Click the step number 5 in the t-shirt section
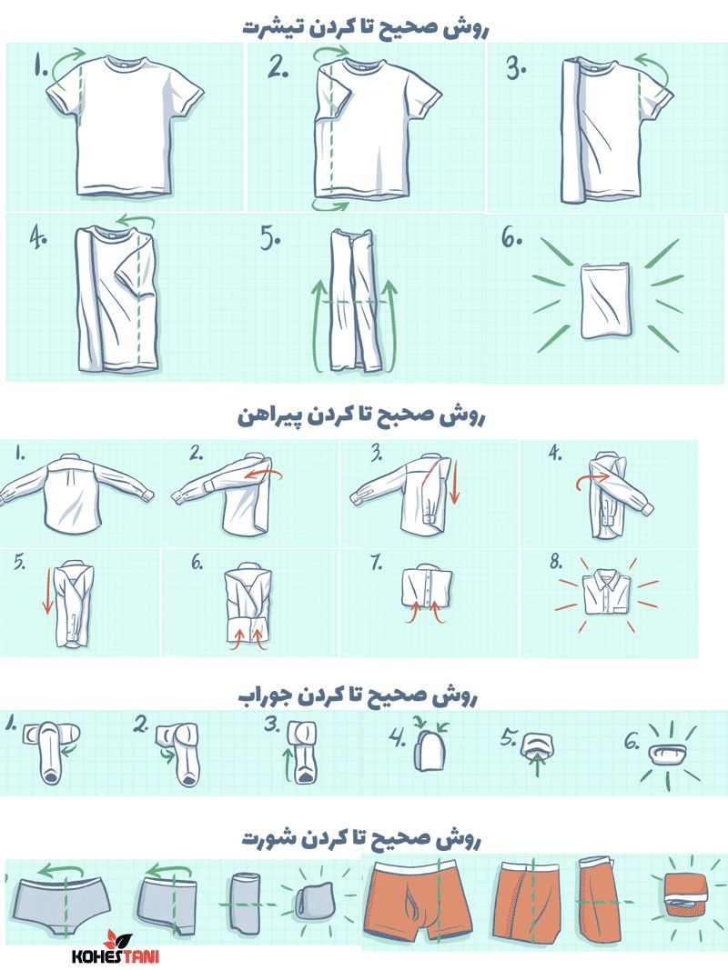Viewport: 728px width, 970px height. pos(270,239)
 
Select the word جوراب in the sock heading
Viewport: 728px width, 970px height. pos(265,697)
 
